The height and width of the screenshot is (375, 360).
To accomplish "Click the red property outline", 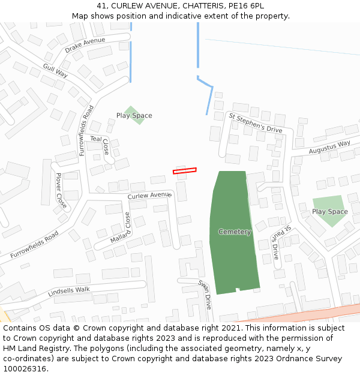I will pyautogui.click(x=185, y=171).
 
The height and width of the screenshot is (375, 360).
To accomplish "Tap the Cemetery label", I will pyautogui.click(x=235, y=232).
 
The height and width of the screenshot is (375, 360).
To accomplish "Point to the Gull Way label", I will pyautogui.click(x=55, y=71).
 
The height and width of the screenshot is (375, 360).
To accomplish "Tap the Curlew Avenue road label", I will pyautogui.click(x=149, y=195).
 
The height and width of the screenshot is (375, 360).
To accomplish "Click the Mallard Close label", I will pyautogui.click(x=121, y=229).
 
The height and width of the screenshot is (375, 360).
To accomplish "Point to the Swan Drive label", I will pyautogui.click(x=205, y=293).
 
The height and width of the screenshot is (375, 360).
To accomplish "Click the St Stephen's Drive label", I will pyautogui.click(x=255, y=122).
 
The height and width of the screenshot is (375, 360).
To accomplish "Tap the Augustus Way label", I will pyautogui.click(x=329, y=147).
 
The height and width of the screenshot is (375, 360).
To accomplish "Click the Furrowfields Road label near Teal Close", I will pyautogui.click(x=86, y=131).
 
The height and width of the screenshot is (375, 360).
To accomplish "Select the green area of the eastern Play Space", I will pyautogui.click(x=329, y=211).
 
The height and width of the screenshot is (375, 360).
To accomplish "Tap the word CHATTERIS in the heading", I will pyautogui.click(x=191, y=6).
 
